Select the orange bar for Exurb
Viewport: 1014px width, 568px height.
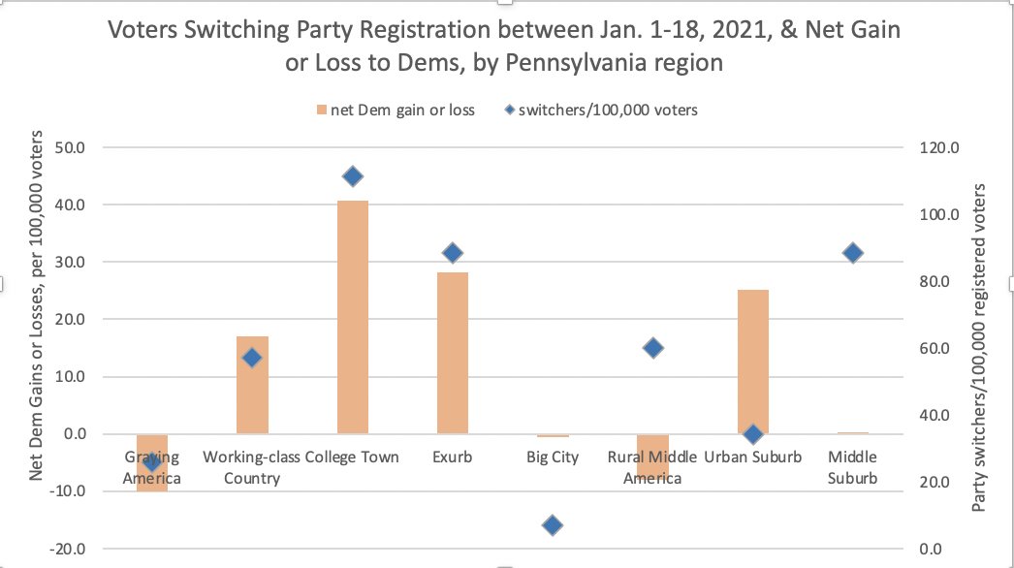tap(453, 353)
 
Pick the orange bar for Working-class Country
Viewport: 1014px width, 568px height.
tap(252, 385)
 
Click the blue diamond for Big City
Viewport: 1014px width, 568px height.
tap(553, 525)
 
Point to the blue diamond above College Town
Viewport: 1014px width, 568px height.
tap(353, 176)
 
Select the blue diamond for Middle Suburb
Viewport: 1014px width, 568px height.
tap(853, 253)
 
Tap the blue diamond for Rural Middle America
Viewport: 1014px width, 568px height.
tap(653, 348)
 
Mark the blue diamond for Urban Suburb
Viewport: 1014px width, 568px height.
tap(752, 434)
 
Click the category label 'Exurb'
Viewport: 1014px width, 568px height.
tap(453, 457)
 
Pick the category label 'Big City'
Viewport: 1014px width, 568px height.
tap(553, 457)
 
